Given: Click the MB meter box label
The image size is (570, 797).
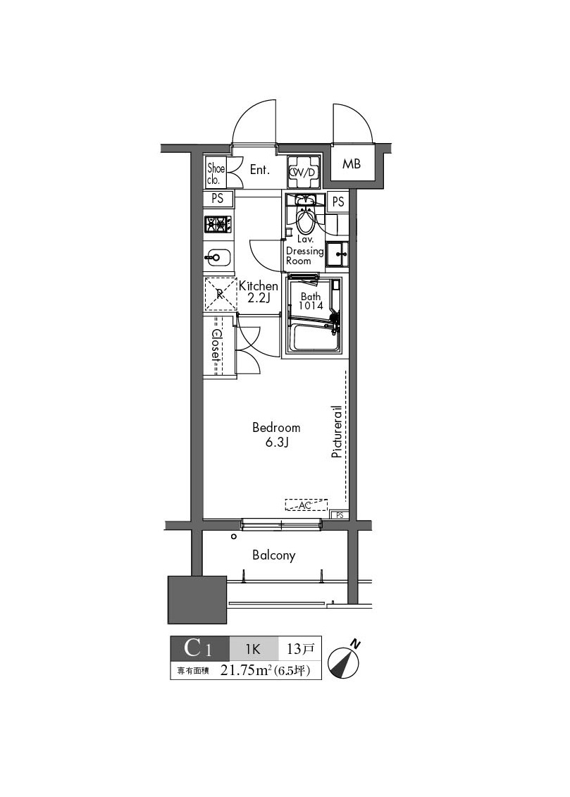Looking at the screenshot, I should point(352,164).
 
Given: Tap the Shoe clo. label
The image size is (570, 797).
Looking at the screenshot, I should point(215,173).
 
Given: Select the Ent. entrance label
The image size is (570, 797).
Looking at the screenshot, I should point(261,170).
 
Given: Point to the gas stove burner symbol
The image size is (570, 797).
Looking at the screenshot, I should point(218,224).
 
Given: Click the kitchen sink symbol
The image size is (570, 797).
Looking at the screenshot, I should point(216,258).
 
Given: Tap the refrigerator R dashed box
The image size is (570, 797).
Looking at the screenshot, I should point(220,295).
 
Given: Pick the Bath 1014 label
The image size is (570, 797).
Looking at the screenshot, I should point(311,302).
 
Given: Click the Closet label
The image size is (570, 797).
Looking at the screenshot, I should point(216,346).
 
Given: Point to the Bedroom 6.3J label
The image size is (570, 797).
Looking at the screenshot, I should point(276,435).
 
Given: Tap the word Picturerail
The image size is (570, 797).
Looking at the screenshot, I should point(337,431).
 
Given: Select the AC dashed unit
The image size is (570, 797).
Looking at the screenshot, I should point(306,505).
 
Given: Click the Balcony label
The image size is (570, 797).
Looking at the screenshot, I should point(274,555).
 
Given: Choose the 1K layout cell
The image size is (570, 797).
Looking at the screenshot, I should point(254,647).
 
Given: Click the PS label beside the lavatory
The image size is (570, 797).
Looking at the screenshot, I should point(338,202).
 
